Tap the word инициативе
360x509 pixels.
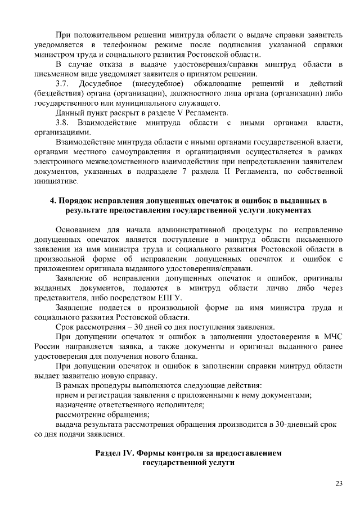pyautogui.click(x=56, y=181)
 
